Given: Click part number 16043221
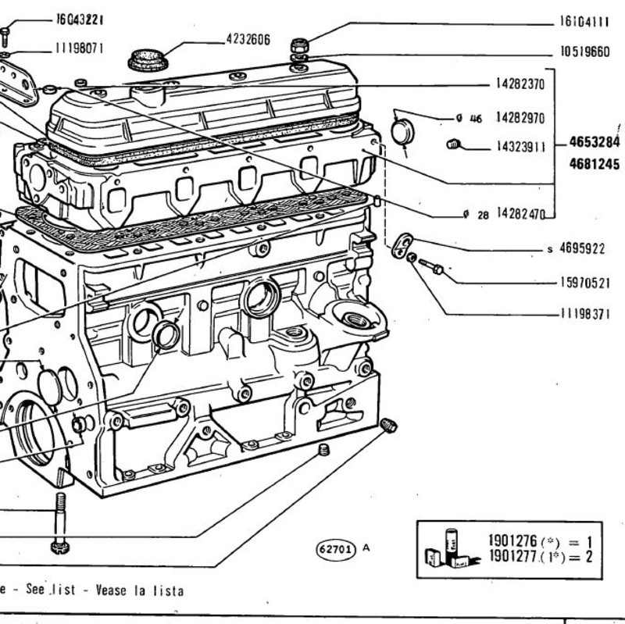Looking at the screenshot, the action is pyautogui.click(x=80, y=19).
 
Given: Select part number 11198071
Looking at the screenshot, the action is pyautogui.click(x=80, y=48).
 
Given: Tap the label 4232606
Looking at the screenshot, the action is pyautogui.click(x=248, y=39).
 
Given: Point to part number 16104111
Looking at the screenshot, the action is pyautogui.click(x=584, y=21).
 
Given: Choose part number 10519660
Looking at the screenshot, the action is pyautogui.click(x=584, y=52).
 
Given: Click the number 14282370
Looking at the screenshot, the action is pyautogui.click(x=520, y=84).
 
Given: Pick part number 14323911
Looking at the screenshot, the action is pyautogui.click(x=521, y=147).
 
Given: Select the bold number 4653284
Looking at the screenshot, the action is pyautogui.click(x=595, y=142).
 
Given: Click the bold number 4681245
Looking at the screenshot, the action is pyautogui.click(x=595, y=164).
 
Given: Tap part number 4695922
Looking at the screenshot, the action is pyautogui.click(x=582, y=248).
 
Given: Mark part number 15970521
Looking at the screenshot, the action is pyautogui.click(x=585, y=283).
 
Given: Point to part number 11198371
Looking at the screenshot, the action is pyautogui.click(x=585, y=314).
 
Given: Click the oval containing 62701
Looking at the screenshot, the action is pyautogui.click(x=336, y=550).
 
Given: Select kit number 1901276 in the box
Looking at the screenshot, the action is pyautogui.click(x=513, y=540).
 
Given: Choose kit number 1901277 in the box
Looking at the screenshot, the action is pyautogui.click(x=513, y=556).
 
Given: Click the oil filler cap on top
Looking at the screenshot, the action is pyautogui.click(x=148, y=60).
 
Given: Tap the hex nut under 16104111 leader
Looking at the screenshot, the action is pyautogui.click(x=299, y=45).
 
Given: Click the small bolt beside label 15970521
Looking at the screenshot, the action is pyautogui.click(x=431, y=266).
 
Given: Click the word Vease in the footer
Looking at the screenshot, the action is pyautogui.click(x=112, y=590).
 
